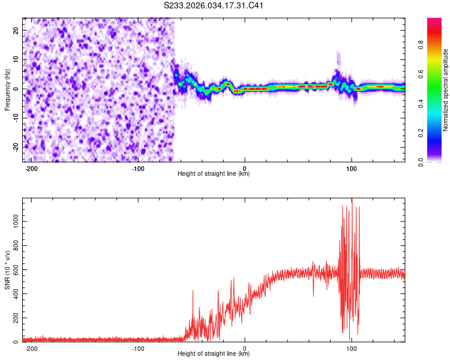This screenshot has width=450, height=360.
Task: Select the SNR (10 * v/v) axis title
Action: tap(7, 270)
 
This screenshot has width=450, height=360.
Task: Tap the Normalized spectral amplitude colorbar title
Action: tap(446, 90)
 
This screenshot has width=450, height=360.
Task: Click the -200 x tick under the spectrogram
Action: tap(32, 168)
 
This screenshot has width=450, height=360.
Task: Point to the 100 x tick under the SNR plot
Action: tap(352, 348)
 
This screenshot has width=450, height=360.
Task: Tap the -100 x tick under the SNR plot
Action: tap(138, 348)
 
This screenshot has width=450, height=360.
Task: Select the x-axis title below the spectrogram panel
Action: tap(214, 174)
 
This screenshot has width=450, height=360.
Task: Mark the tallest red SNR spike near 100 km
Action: tap(352, 200)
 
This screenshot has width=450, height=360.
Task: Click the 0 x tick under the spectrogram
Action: tap(245, 168)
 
